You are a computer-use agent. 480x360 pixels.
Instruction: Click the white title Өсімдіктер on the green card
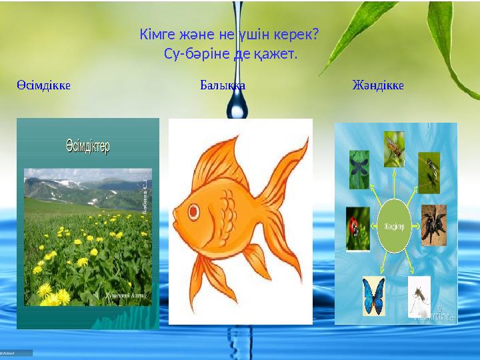(87, 145)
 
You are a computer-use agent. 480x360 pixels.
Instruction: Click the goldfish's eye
(194, 211)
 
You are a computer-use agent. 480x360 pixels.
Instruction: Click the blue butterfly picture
(373, 295)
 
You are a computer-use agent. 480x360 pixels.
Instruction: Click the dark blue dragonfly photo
(359, 169)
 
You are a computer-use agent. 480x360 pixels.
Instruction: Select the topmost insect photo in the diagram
(394, 149)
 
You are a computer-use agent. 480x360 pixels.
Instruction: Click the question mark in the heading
(315, 33)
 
